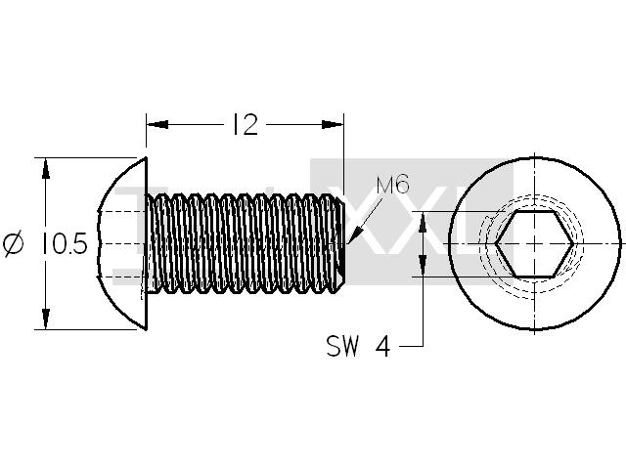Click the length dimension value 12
click(x=245, y=124)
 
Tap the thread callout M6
click(x=392, y=186)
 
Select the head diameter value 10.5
click(x=64, y=243)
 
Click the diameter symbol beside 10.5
click(x=14, y=243)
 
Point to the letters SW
click(x=342, y=346)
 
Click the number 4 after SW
click(x=382, y=346)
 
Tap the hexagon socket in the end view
click(x=534, y=243)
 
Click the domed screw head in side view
click(x=121, y=243)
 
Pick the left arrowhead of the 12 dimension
click(x=156, y=124)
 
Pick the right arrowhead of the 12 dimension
click(x=333, y=124)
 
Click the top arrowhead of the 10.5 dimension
click(x=46, y=169)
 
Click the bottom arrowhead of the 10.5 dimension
click(x=46, y=319)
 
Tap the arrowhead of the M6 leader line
click(x=354, y=235)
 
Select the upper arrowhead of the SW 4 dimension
click(x=423, y=222)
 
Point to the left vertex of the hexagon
click(x=495, y=243)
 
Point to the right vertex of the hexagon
click(x=574, y=243)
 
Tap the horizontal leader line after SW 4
click(x=411, y=346)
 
